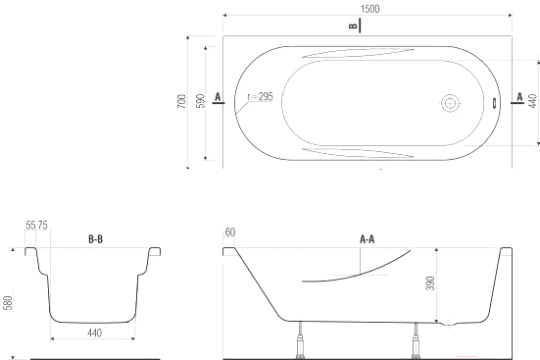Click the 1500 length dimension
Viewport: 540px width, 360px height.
click(369, 9)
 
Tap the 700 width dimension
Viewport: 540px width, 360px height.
click(182, 101)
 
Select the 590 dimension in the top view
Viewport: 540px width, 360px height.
click(201, 101)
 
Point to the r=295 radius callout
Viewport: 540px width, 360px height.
click(261, 97)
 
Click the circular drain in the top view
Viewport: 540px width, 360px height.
click(451, 103)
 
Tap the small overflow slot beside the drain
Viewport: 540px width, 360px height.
click(494, 103)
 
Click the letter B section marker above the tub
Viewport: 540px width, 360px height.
click(353, 26)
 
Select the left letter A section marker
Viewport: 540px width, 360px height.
click(218, 97)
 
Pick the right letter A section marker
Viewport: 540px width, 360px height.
click(519, 97)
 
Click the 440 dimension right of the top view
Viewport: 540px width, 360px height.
click(532, 101)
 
